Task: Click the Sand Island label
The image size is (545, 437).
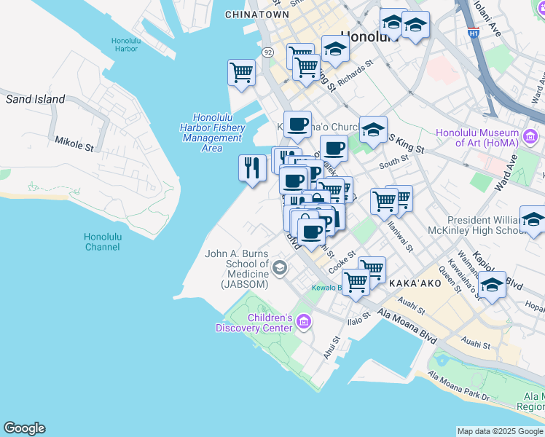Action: [35, 99]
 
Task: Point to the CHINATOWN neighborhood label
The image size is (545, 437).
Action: [253, 15]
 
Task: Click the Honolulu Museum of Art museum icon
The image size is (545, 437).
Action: [530, 136]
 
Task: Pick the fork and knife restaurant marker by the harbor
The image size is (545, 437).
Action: [251, 168]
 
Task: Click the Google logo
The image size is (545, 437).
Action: [24, 428]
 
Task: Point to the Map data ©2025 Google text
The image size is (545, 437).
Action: [499, 431]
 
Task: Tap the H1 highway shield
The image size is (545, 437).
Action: [474, 33]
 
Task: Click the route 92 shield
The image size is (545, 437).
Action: [268, 52]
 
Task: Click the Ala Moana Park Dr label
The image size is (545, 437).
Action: [458, 386]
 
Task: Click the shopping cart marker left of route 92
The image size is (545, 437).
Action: [240, 72]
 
